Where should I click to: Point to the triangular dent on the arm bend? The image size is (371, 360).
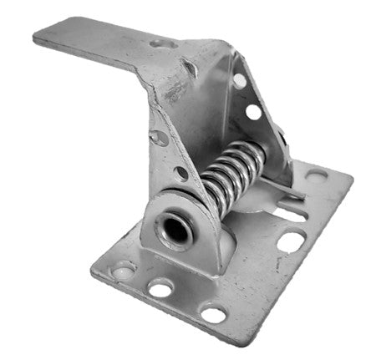pyautogui.click(x=191, y=66)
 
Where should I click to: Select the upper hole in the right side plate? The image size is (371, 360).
pyautogui.click(x=239, y=81)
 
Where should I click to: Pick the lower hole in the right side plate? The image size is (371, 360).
pyautogui.click(x=253, y=110)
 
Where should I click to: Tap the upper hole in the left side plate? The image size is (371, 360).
pyautogui.click(x=156, y=136)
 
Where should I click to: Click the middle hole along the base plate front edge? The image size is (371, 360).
pyautogui.click(x=160, y=289)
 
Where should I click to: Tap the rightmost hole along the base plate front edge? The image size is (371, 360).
pyautogui.click(x=213, y=315)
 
